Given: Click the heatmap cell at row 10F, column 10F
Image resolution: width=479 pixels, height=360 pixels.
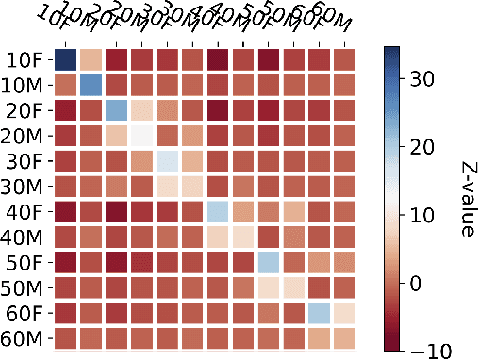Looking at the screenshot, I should (x=65, y=59).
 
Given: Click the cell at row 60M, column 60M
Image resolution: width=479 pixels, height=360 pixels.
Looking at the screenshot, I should (x=345, y=337).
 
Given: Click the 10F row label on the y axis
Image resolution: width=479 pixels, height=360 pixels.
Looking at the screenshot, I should (x=24, y=60).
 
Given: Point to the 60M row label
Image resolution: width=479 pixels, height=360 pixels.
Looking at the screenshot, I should (x=24, y=338).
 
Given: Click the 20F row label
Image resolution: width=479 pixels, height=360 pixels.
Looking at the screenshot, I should (x=24, y=111).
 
